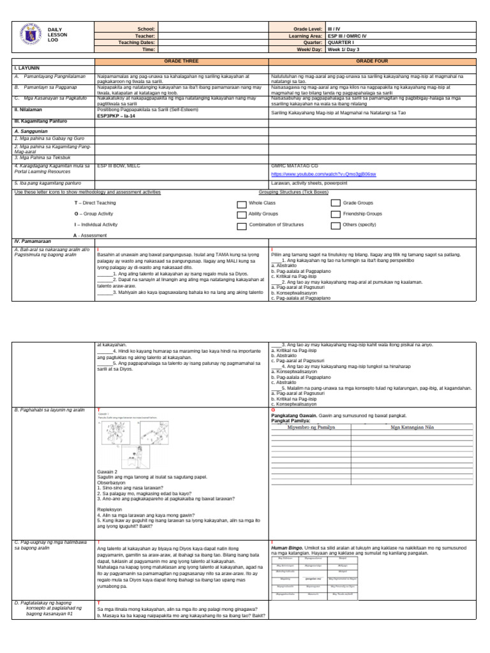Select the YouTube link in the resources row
pos(323,173)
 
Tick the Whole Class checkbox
pos(241,203)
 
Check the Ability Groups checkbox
pos(241,215)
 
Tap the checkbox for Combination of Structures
pos(241,226)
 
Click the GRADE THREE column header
pos(182,59)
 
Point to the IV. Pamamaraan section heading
pos(31,242)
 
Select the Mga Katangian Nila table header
pos(415,428)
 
